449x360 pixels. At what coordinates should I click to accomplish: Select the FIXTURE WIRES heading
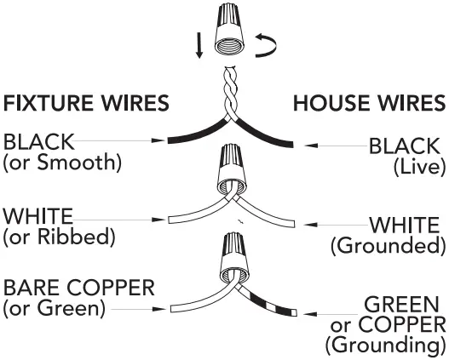tap(86, 104)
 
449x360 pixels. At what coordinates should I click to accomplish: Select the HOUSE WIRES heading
tap(369, 104)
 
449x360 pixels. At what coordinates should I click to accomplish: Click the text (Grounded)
tap(388, 247)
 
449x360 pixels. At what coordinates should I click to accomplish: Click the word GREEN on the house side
tap(404, 305)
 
